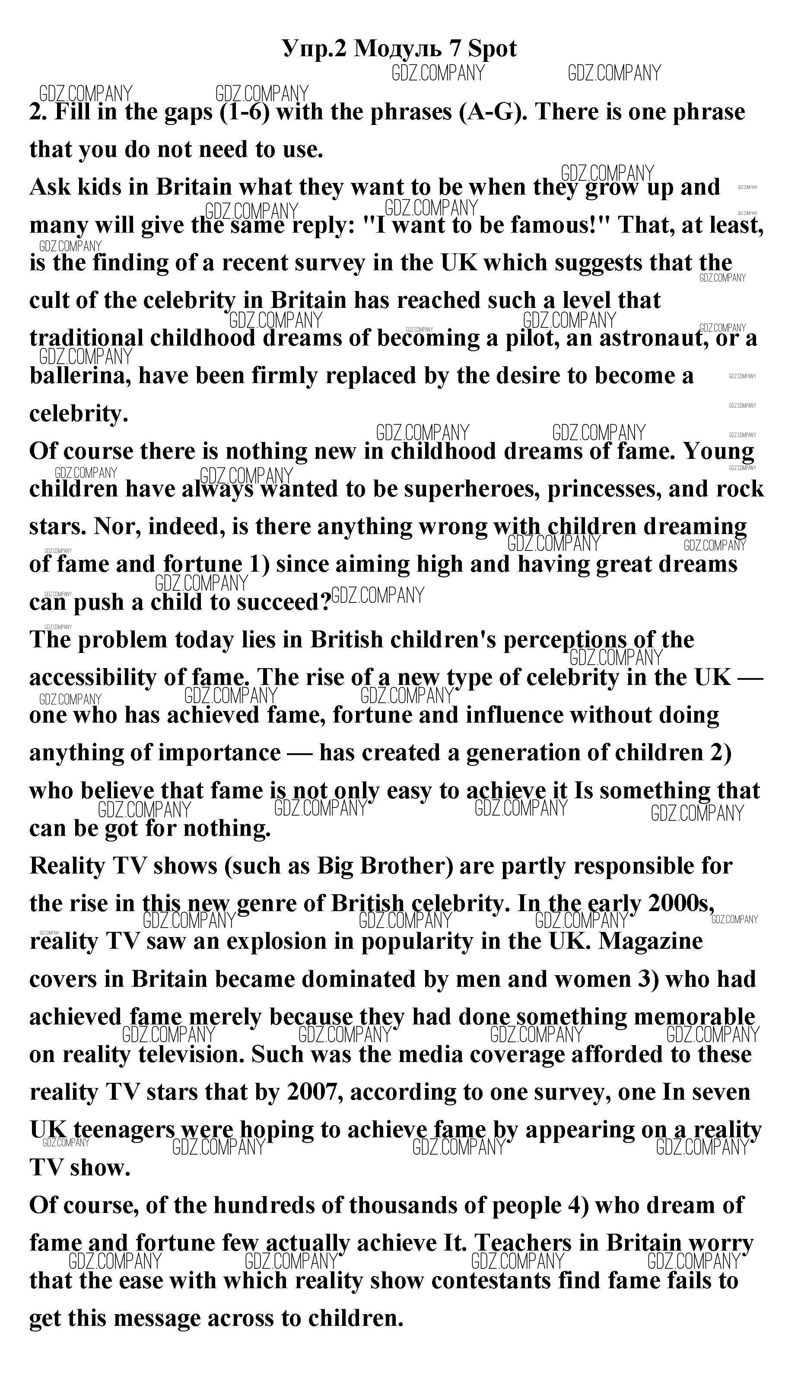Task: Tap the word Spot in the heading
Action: (492, 49)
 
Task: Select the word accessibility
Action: (93, 678)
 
